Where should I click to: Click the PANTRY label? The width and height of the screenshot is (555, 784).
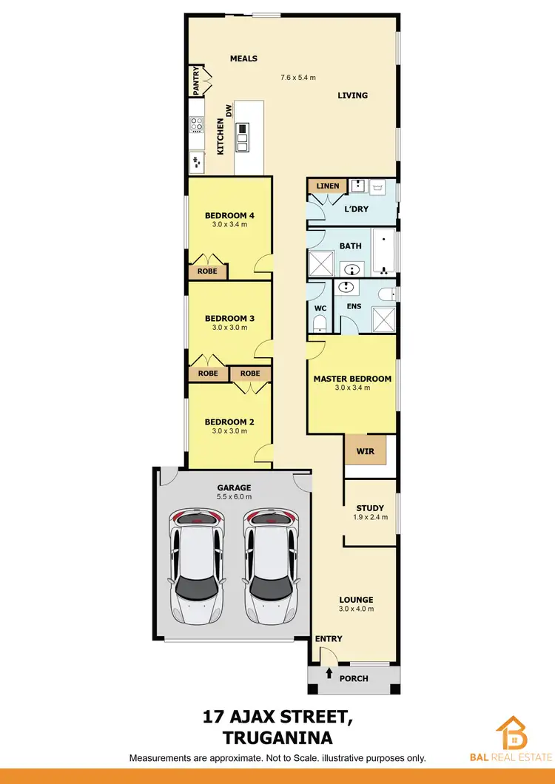point(197,81)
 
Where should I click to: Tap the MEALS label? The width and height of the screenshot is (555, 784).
point(243,58)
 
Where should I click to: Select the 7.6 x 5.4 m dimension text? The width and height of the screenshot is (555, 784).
point(298,77)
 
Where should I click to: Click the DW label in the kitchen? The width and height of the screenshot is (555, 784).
point(229,110)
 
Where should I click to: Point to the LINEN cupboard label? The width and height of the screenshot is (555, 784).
point(327,186)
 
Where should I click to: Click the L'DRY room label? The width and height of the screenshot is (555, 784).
point(357,209)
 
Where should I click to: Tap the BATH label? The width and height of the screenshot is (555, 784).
point(350,246)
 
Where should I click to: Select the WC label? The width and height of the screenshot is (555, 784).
point(320,307)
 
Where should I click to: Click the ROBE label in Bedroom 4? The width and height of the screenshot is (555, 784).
point(207,271)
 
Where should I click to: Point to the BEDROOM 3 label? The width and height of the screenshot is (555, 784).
point(229,319)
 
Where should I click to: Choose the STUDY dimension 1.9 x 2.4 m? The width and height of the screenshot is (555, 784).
point(370,518)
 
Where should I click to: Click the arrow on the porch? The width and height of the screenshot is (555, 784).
point(329,674)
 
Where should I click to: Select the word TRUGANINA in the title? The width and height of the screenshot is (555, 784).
point(277,737)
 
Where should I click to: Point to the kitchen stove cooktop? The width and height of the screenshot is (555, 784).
point(196,124)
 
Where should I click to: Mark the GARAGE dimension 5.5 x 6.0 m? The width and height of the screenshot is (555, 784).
point(234,497)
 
